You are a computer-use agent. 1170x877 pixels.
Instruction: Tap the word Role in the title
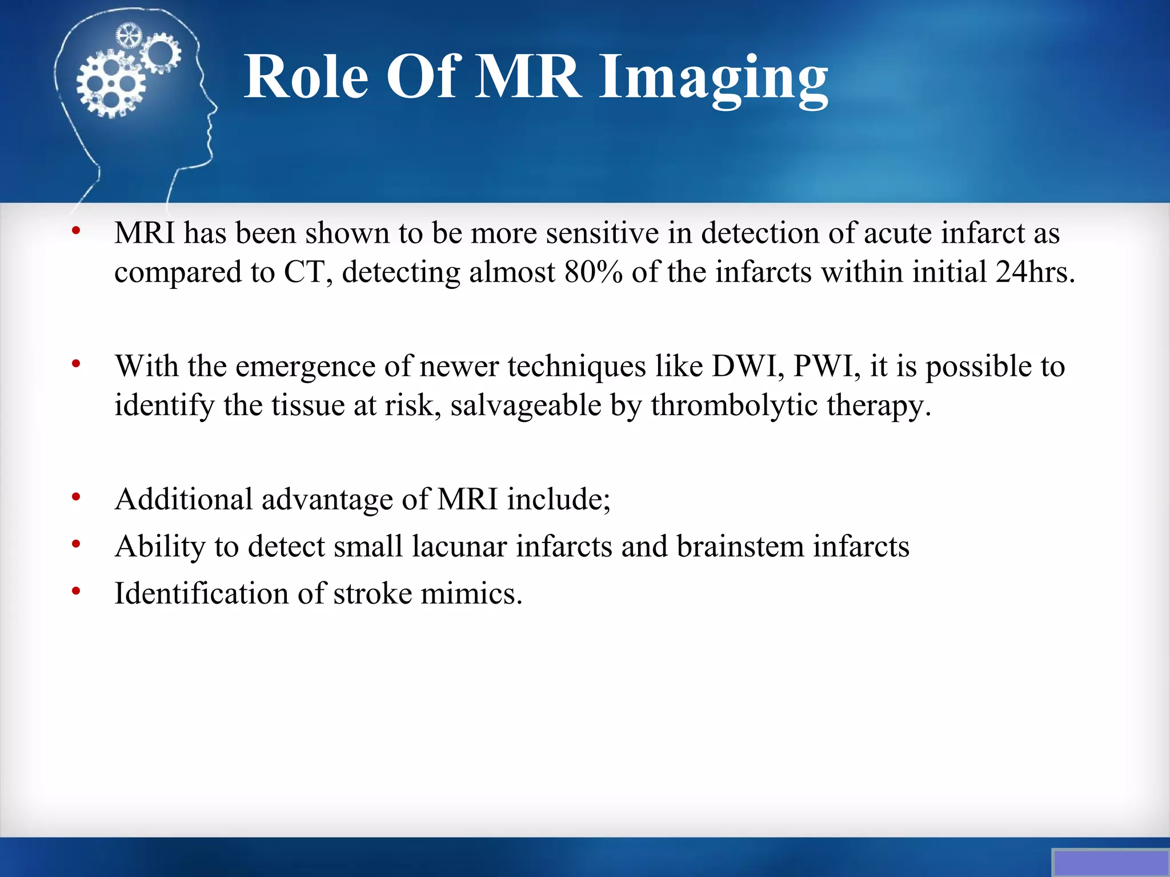coord(306,77)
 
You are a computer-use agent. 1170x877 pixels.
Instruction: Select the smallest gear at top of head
coord(128,36)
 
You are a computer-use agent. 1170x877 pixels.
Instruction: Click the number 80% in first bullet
coord(593,272)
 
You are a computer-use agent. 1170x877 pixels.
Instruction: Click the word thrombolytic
coord(735,405)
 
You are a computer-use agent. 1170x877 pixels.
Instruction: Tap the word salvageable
coord(526,405)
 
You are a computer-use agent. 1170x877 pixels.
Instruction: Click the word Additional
coord(183,499)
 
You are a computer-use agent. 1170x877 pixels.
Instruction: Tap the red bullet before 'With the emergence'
coord(76,363)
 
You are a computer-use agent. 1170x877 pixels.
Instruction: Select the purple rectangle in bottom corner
coord(1110,863)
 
